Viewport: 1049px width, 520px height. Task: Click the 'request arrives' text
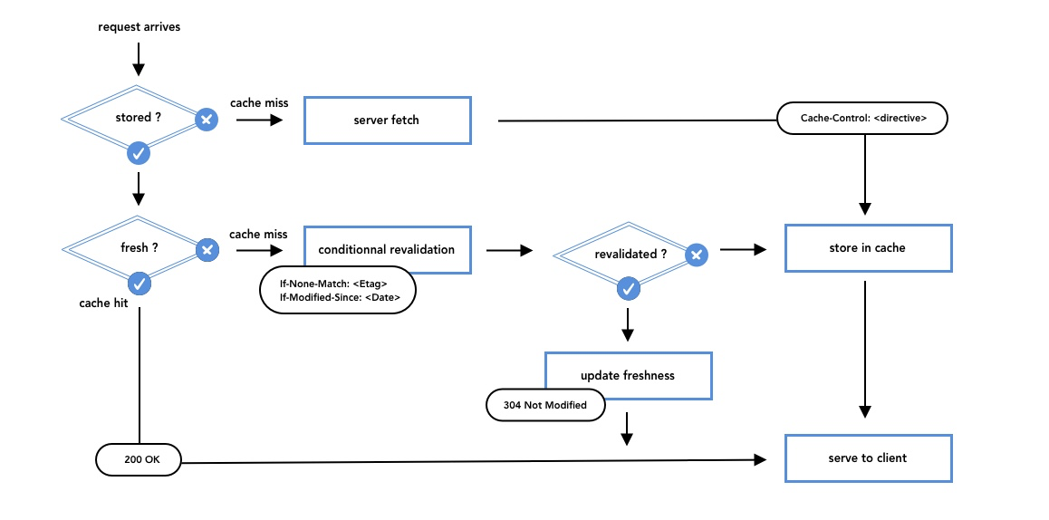(x=139, y=27)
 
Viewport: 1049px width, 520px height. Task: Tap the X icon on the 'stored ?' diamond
(x=207, y=119)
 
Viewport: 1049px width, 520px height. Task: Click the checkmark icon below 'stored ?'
(x=138, y=153)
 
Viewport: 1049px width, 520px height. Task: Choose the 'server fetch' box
(x=387, y=120)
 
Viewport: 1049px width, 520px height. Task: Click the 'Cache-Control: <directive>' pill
(x=862, y=118)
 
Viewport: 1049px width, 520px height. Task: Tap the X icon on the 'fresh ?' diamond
(x=207, y=249)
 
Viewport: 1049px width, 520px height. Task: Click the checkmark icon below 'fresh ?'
(x=138, y=284)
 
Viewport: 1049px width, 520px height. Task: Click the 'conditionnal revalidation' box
(x=387, y=249)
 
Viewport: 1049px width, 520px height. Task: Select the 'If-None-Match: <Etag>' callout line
(x=333, y=284)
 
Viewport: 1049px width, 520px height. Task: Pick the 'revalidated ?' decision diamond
(x=625, y=255)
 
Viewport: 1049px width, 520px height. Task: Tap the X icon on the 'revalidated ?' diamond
(x=696, y=255)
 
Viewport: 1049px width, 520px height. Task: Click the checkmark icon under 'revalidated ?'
(x=627, y=289)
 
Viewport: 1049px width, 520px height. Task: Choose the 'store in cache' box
(x=868, y=248)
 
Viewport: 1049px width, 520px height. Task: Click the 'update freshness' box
(x=628, y=375)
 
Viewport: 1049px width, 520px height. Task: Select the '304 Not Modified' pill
(x=545, y=405)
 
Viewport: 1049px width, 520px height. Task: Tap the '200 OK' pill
(x=140, y=458)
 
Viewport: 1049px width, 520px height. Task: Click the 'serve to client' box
(x=868, y=458)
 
